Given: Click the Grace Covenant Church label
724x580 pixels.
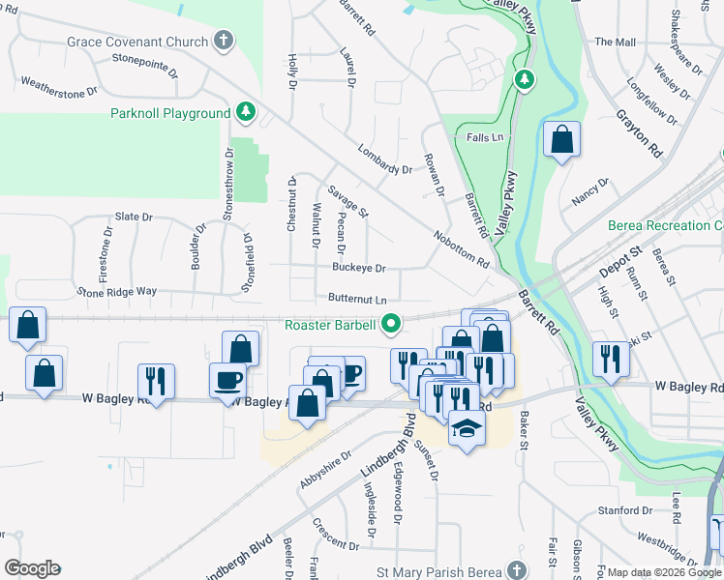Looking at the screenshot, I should point(136,42).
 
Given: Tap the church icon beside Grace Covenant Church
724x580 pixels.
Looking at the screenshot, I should point(225,41).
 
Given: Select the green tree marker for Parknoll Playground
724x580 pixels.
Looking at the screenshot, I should point(247,113).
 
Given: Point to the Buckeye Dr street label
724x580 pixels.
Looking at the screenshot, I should point(359,269).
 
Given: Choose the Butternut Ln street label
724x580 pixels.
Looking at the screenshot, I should point(357,300).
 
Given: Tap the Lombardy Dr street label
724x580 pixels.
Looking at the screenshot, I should point(384,159).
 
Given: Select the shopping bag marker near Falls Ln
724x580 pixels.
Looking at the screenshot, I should point(561,141).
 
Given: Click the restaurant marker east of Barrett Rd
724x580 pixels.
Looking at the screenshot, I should point(611,359).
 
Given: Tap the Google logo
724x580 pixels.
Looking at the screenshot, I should point(32,568).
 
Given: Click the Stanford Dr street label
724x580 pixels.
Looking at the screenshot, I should point(618,510).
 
